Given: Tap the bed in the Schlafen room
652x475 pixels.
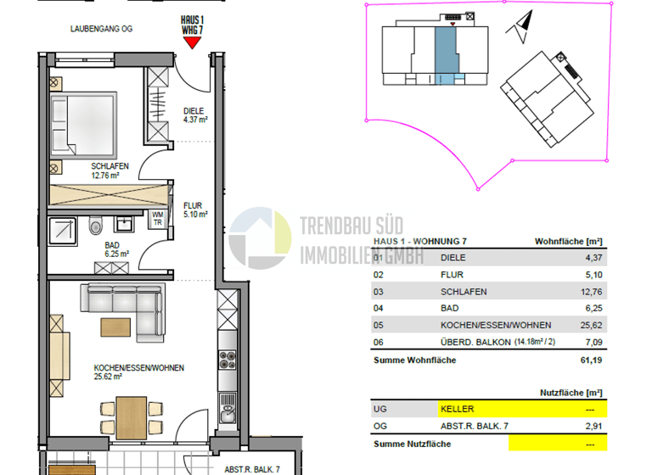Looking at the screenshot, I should (83, 123).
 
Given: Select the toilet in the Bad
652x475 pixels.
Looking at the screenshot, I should (95, 225).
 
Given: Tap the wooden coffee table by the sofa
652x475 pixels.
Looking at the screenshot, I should (115, 326).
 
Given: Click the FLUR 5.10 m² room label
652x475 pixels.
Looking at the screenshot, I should (196, 210).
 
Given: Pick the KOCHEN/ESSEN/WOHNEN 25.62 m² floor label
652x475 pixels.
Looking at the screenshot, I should (139, 373).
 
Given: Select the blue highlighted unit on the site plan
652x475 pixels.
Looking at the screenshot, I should (446, 53).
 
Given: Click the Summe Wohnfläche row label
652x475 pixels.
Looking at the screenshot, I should (415, 360).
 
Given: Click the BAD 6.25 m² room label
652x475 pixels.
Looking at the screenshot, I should (116, 249).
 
